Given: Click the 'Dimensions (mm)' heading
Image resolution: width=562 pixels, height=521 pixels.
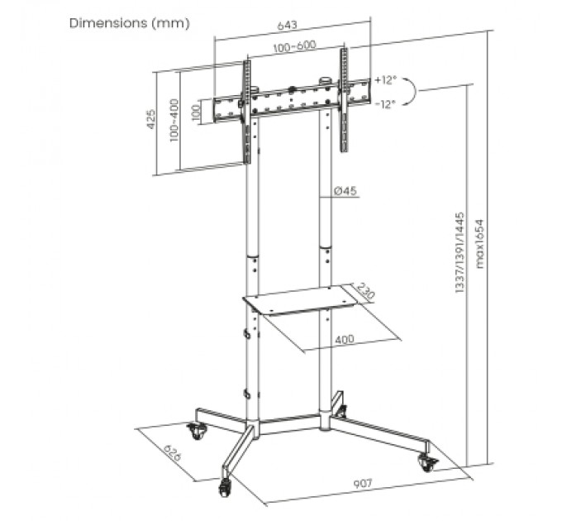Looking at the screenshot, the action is (130, 23).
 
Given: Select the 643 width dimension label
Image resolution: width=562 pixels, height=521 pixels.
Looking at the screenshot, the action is (288, 25).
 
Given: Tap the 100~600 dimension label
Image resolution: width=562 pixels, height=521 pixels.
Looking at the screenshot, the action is (294, 46).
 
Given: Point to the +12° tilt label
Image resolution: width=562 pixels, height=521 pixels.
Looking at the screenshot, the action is (386, 80).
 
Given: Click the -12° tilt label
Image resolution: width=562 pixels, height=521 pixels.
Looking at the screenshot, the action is (385, 104).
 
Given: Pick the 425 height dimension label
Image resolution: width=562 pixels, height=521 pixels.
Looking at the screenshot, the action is (151, 119).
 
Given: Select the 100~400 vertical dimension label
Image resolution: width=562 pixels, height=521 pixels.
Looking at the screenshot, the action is (174, 120).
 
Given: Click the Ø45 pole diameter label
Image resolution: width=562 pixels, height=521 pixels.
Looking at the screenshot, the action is (345, 190).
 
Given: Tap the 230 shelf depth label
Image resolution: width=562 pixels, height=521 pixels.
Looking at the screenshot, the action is (365, 291).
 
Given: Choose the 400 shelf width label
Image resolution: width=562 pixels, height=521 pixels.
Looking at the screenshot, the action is (345, 339).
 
